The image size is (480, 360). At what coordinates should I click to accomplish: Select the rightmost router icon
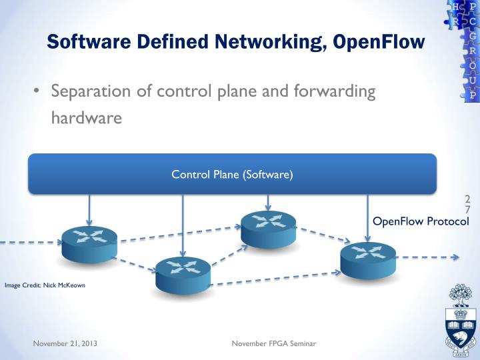(x=368, y=259)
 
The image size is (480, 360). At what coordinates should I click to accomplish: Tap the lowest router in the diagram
(x=183, y=274)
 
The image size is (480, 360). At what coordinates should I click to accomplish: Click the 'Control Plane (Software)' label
(x=232, y=175)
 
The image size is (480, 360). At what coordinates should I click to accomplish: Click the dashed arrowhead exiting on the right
(x=455, y=257)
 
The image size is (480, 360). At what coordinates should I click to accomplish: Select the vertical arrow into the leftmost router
(x=89, y=210)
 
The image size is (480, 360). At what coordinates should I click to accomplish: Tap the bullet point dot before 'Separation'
(x=37, y=91)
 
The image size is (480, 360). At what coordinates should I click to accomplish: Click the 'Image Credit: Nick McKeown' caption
(x=45, y=286)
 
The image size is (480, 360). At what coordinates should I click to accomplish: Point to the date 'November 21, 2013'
(x=65, y=343)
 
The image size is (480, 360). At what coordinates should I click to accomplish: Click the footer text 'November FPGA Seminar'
(x=274, y=343)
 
